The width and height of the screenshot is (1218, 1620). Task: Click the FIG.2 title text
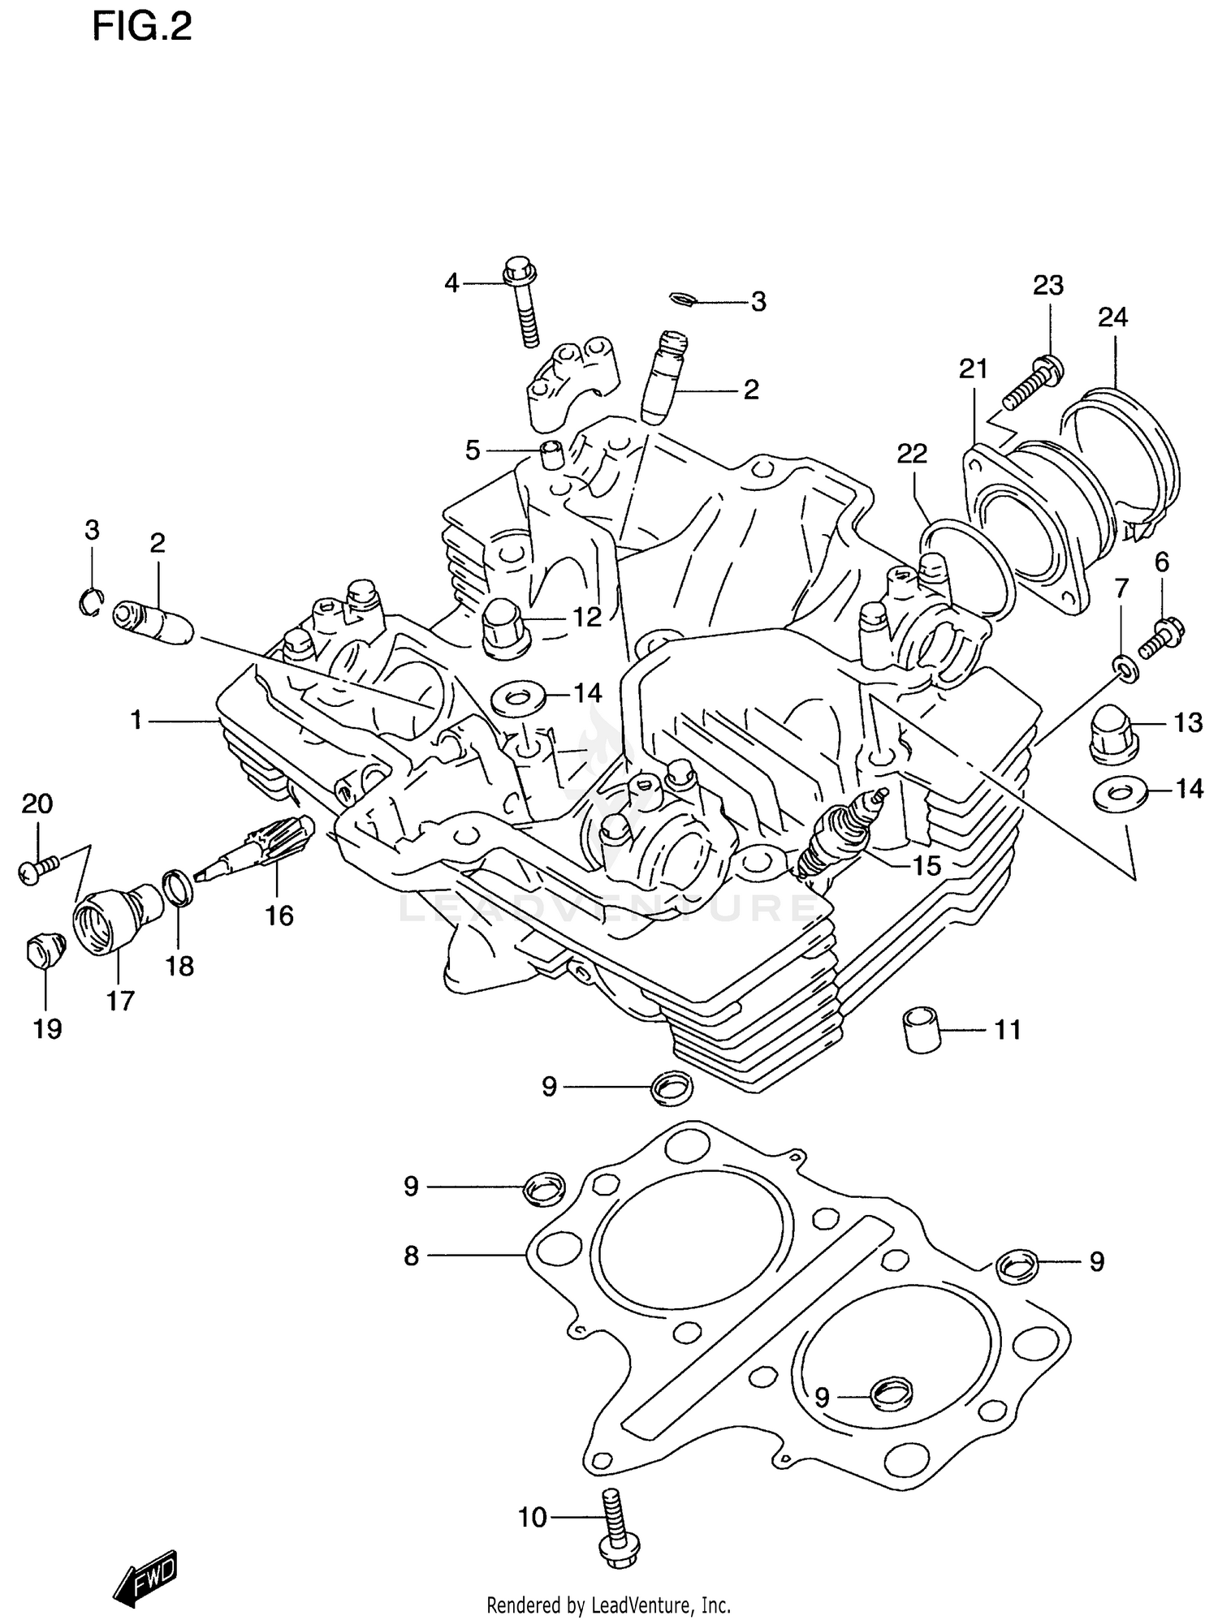[x=142, y=28]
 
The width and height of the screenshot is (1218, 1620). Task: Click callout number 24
[x=1112, y=317]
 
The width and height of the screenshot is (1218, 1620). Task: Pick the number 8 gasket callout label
[x=412, y=1256]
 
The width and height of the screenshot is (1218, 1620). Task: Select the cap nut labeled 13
[x=1112, y=733]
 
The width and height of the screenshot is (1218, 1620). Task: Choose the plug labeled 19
[x=42, y=950]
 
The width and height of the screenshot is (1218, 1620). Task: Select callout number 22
[x=912, y=454]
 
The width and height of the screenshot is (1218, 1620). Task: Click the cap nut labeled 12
[x=506, y=631]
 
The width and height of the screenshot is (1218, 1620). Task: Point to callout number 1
[x=136, y=719]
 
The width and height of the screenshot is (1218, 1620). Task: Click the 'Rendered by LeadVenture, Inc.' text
[x=608, y=1605]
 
